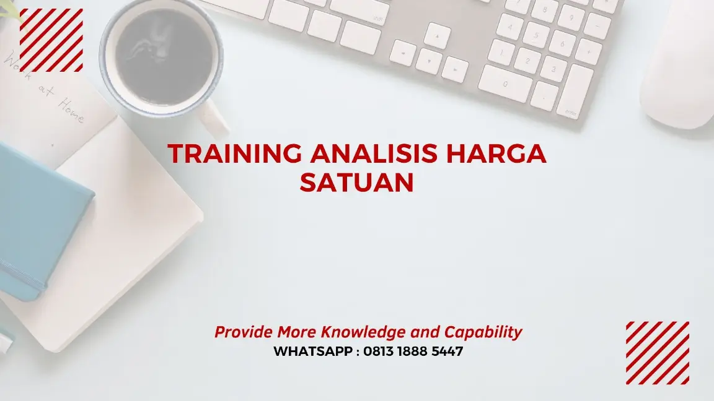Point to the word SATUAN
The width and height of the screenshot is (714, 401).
coord(356,183)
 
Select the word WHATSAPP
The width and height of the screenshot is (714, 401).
coord(313,351)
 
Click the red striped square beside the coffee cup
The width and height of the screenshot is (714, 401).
coord(51,40)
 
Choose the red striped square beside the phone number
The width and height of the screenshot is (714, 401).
coord(657,353)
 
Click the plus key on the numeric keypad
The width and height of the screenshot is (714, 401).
coord(586,50)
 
